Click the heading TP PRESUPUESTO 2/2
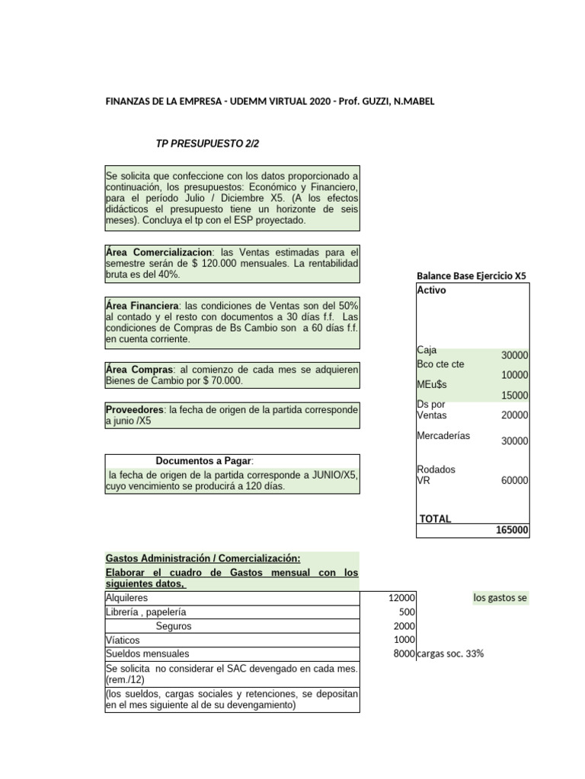click(201, 143)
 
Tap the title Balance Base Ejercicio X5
click(472, 276)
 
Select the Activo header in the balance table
click(432, 290)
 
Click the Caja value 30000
click(515, 356)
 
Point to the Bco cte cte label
click(440, 364)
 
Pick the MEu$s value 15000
click(515, 395)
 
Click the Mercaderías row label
click(443, 436)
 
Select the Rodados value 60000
click(515, 481)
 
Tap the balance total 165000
click(512, 530)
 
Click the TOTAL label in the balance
click(435, 519)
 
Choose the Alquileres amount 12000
click(401, 598)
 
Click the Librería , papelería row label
click(145, 612)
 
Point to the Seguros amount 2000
click(404, 626)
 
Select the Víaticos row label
click(123, 640)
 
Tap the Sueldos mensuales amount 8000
click(404, 653)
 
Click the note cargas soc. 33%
click(450, 653)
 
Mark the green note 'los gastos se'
click(500, 598)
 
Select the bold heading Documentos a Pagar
click(203, 461)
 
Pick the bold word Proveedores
click(134, 409)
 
